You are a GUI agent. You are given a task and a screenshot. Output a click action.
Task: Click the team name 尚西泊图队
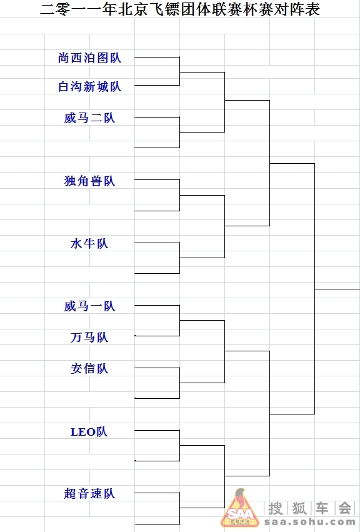pyautogui.click(x=89, y=58)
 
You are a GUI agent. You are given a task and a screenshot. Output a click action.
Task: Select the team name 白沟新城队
pyautogui.click(x=89, y=86)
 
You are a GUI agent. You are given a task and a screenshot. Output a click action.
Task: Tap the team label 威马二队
pyautogui.click(x=89, y=118)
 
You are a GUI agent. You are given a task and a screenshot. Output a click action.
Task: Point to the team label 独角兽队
pyautogui.click(x=89, y=181)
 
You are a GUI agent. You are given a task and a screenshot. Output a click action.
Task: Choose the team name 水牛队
pyautogui.click(x=89, y=243)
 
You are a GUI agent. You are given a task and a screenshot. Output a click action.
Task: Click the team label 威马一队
pyautogui.click(x=89, y=306)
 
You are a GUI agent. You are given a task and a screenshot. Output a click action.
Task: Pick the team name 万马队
pyautogui.click(x=89, y=337)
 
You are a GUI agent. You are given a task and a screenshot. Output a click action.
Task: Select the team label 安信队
pyautogui.click(x=89, y=368)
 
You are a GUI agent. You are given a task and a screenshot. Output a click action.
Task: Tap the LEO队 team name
pyautogui.click(x=89, y=431)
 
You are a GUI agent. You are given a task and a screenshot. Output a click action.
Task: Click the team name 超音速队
pyautogui.click(x=89, y=493)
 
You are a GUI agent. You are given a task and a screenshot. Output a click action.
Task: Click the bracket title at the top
pyautogui.click(x=180, y=9)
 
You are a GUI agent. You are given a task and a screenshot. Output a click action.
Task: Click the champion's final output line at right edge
pyautogui.click(x=337, y=289)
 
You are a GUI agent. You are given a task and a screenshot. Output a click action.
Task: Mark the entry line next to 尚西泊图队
pyautogui.click(x=157, y=57)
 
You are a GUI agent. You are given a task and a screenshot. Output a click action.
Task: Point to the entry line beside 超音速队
pyautogui.click(x=157, y=493)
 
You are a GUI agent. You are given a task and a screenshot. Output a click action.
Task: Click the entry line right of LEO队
pyautogui.click(x=157, y=430)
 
